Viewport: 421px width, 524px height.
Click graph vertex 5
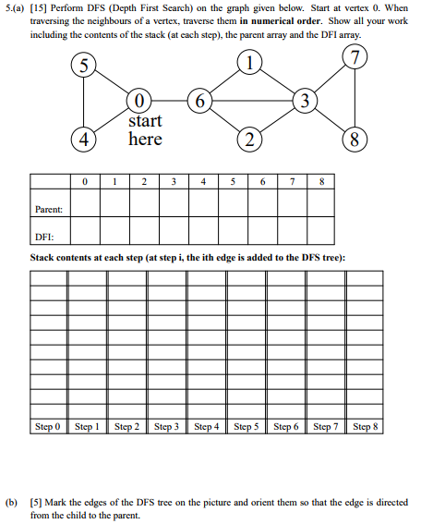[x=85, y=67]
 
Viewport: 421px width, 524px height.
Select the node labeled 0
[x=138, y=99]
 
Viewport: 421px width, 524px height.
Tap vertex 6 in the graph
[x=198, y=99]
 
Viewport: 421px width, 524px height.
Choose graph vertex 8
[x=356, y=141]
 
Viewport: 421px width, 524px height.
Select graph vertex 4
[x=85, y=141]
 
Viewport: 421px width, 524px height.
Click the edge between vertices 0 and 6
[x=168, y=99]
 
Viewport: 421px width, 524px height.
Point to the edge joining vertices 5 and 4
[x=85, y=104]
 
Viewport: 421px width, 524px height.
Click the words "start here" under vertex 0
[x=145, y=130]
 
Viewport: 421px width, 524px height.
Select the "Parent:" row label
[x=48, y=209]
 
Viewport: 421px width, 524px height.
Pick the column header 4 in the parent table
[x=202, y=183]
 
